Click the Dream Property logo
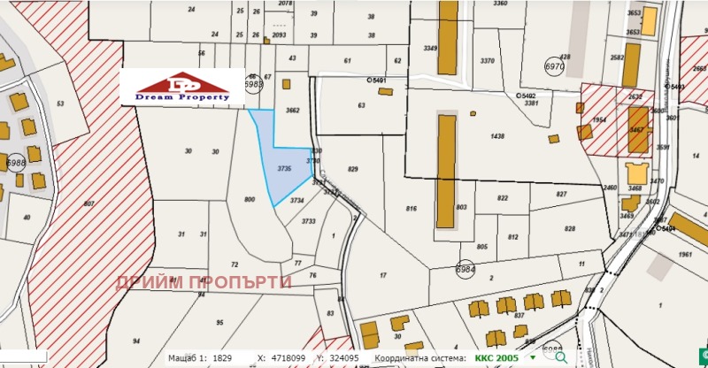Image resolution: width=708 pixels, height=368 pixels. [183, 86]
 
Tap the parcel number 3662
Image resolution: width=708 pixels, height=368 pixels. [293, 111]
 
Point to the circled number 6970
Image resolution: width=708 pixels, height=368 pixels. [555, 66]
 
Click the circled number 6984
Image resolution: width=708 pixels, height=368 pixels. [466, 268]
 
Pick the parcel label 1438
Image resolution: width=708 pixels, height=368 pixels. [496, 136]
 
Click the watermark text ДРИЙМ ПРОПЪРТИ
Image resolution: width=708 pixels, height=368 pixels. [204, 282]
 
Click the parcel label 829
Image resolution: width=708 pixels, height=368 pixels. [353, 169]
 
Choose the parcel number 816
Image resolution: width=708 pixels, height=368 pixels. [412, 209]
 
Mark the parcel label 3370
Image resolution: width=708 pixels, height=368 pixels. [487, 61]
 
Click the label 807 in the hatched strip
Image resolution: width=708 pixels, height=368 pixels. [88, 204]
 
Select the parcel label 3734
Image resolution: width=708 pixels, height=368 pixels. [296, 201]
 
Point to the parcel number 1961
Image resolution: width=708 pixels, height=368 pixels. [685, 256]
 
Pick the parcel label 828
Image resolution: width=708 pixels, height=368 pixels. [572, 227]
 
